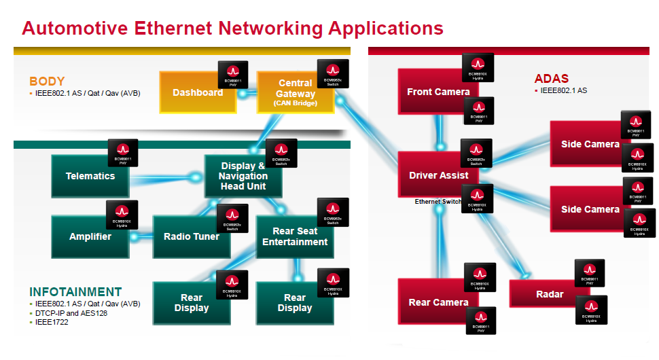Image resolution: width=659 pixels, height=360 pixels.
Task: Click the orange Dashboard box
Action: click(194, 93)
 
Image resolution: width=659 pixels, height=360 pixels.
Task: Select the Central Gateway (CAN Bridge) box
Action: click(296, 93)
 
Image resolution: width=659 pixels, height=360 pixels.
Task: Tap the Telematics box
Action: click(90, 176)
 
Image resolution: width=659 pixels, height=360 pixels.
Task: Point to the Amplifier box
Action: click(90, 236)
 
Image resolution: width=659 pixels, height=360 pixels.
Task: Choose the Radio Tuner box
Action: click(192, 236)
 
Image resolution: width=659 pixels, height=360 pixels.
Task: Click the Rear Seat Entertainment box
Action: click(295, 236)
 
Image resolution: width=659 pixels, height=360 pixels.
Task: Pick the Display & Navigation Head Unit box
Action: click(243, 176)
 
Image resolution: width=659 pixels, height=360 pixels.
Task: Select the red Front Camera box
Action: click(438, 92)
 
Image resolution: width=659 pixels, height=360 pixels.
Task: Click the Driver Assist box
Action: click(438, 175)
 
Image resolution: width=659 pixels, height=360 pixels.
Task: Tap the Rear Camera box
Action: click(438, 302)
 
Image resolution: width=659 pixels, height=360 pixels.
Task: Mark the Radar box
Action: click(549, 294)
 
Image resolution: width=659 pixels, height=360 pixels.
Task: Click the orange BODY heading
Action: click(47, 82)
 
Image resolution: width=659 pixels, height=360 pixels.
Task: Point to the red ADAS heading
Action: click(551, 78)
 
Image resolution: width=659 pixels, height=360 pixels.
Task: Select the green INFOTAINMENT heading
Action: click(75, 292)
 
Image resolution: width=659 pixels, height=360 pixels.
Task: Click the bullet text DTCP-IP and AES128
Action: click(72, 313)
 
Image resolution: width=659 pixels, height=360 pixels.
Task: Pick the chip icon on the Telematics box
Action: click(123, 153)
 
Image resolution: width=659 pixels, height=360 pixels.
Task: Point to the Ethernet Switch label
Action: click(438, 202)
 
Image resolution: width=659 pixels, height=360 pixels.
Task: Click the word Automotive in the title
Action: click(75, 29)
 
